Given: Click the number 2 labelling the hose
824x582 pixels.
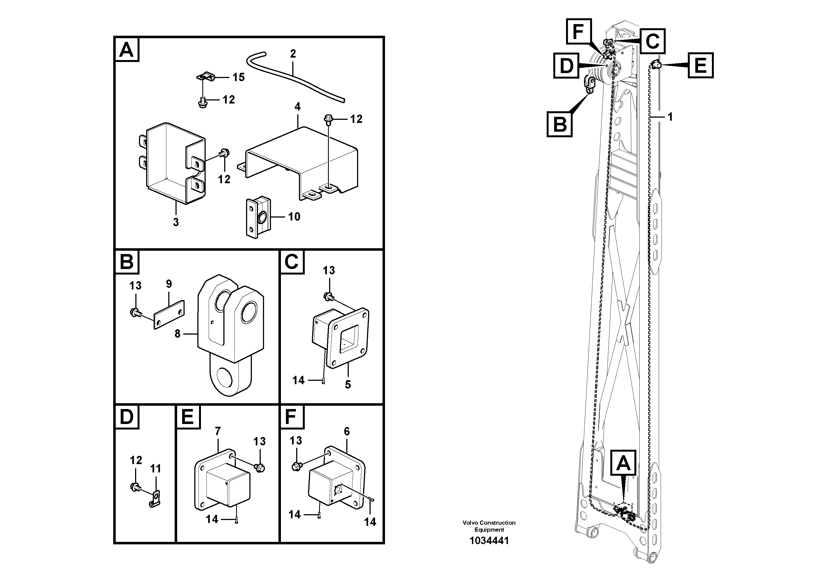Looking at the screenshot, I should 293,54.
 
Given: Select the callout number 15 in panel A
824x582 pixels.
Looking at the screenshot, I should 238,77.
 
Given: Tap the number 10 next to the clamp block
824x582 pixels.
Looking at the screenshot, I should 294,217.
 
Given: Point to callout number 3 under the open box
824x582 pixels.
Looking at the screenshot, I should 176,222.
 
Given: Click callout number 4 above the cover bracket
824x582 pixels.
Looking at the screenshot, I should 297,107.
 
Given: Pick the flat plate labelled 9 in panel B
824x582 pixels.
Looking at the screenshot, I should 169,315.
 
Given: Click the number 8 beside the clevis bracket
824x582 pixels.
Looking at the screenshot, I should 177,334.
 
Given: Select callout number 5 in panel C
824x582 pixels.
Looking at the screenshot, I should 347,385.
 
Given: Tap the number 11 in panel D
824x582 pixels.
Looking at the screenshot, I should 155,469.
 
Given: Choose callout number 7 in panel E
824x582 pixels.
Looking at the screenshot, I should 218,431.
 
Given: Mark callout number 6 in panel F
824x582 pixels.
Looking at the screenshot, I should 347,431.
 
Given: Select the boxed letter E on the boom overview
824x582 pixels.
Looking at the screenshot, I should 701,65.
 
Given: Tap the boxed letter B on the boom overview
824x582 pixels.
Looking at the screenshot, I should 559,124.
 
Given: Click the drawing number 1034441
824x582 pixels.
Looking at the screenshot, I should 489,541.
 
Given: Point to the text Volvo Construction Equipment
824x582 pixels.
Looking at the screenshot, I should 489,526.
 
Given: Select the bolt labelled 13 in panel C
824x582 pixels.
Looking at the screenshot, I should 327,296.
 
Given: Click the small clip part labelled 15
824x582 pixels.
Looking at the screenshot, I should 205,76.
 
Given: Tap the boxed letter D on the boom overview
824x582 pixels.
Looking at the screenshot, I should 566,65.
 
